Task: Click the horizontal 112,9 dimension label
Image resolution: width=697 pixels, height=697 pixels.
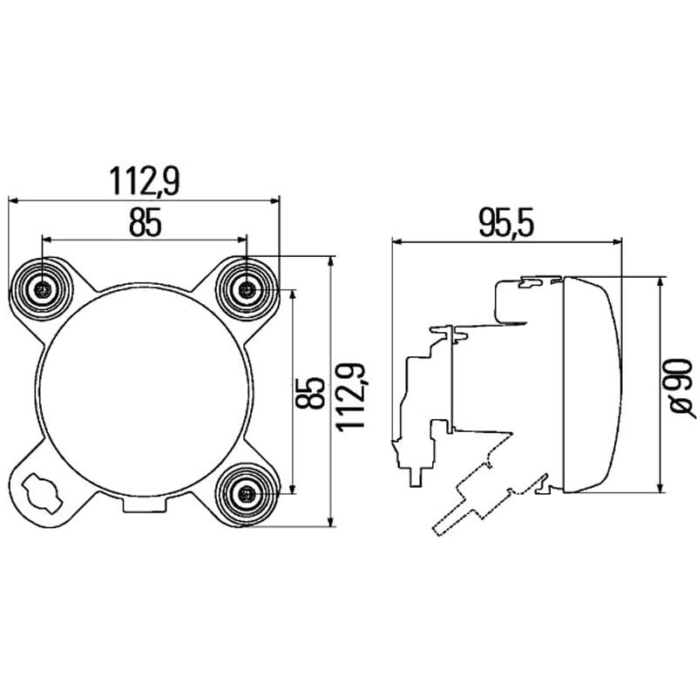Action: (x=145, y=181)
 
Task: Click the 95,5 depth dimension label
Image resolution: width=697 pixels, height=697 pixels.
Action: (x=506, y=223)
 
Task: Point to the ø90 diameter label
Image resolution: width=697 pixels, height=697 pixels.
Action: (x=681, y=388)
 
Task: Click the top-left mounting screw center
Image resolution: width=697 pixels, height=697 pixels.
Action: (x=43, y=290)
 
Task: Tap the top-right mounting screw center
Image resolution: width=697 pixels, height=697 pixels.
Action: (x=247, y=291)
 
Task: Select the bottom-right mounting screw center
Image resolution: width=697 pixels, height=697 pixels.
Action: (x=247, y=493)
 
